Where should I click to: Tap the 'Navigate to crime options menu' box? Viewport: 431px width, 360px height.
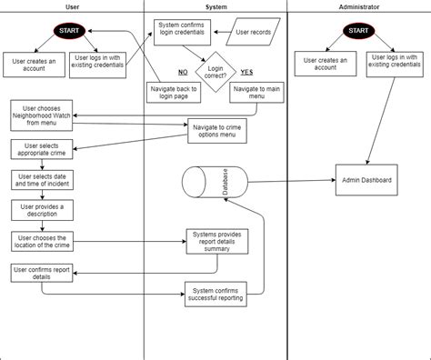coord(217,132)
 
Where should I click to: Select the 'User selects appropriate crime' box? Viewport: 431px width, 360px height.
coord(41,149)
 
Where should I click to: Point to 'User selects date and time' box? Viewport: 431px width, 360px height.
coord(41,180)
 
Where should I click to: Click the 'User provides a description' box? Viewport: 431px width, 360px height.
coord(41,211)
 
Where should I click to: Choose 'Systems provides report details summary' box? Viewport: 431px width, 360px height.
coord(217,242)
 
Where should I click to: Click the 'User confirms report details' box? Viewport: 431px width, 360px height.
coord(41,274)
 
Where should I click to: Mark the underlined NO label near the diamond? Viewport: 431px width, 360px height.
coord(182,70)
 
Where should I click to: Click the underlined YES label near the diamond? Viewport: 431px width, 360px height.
coord(247,70)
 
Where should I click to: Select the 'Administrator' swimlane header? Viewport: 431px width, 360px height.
coord(358,6)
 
